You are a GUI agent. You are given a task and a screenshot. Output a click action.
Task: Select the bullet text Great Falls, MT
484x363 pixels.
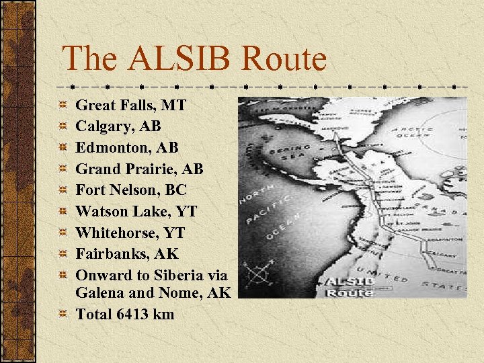point(130,105)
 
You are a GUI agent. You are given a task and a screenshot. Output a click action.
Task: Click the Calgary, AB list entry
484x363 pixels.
point(118,126)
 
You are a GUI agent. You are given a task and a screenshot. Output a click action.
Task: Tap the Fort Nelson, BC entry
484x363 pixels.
point(131,190)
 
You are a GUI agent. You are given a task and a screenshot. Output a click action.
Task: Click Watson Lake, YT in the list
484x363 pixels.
point(136,211)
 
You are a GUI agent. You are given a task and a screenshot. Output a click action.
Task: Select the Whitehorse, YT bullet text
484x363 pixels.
point(130,233)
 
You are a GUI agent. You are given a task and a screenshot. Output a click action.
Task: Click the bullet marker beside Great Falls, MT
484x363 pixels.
point(62,105)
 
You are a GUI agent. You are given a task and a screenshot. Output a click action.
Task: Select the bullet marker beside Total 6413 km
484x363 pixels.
point(62,314)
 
